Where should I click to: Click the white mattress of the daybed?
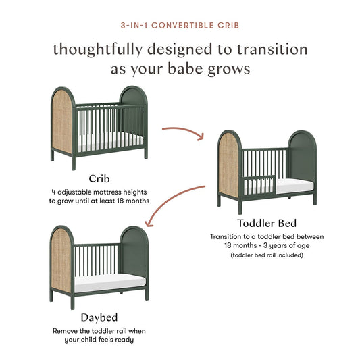tap(111, 284)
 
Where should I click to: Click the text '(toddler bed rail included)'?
tap(267, 255)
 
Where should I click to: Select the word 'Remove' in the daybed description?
tap(65, 331)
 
